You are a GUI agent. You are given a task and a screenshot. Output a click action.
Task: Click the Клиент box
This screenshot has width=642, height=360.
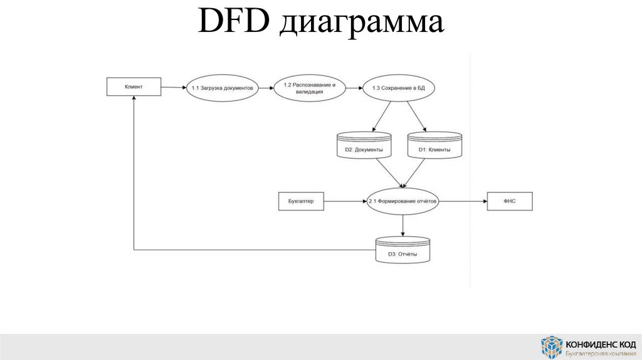pos(133,87)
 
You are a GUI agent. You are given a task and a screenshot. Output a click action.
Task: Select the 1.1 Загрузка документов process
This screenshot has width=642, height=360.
pos(223,88)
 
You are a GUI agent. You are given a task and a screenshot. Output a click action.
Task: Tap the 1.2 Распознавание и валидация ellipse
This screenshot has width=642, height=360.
pos(310,88)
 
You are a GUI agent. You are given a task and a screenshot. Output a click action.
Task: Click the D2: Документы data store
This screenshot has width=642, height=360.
pos(364,146)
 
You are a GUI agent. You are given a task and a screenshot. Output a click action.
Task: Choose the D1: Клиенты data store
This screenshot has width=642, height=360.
pos(434,146)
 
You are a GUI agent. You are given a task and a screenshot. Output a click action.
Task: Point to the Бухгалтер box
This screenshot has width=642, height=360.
pos(300,201)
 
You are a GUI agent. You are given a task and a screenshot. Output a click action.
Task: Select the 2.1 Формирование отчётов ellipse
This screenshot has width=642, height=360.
pos(403,201)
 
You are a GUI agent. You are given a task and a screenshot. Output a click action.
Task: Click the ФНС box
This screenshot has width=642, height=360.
pos(510,201)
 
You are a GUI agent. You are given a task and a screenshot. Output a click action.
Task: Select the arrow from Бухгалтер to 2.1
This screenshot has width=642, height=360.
pos(345,201)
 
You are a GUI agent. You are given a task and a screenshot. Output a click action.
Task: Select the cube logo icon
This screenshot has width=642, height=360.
pos(552,347)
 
